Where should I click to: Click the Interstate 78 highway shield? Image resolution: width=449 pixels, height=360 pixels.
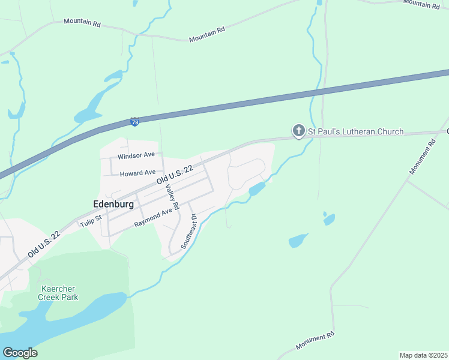click(x=135, y=122)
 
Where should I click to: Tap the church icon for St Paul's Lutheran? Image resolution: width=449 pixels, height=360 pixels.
click(x=298, y=131)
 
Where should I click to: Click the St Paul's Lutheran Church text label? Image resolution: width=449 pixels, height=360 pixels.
click(x=355, y=131)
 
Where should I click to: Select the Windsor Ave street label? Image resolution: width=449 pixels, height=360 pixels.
click(x=136, y=156)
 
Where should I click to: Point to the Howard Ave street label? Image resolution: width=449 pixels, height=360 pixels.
click(x=137, y=173)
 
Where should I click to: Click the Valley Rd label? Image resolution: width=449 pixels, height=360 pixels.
click(x=172, y=197)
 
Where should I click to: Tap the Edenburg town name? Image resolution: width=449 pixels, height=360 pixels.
click(x=113, y=204)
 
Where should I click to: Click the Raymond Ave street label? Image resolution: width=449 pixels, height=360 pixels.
click(x=153, y=218)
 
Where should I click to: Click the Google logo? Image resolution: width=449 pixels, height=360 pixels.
click(x=20, y=352)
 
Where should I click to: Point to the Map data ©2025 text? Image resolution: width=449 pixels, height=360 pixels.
click(x=423, y=355)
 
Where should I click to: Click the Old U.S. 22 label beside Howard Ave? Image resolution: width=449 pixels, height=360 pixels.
click(x=175, y=175)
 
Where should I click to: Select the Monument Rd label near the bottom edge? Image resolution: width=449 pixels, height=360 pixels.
click(x=315, y=342)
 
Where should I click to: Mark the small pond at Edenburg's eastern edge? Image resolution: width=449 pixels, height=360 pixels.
click(x=257, y=189)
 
